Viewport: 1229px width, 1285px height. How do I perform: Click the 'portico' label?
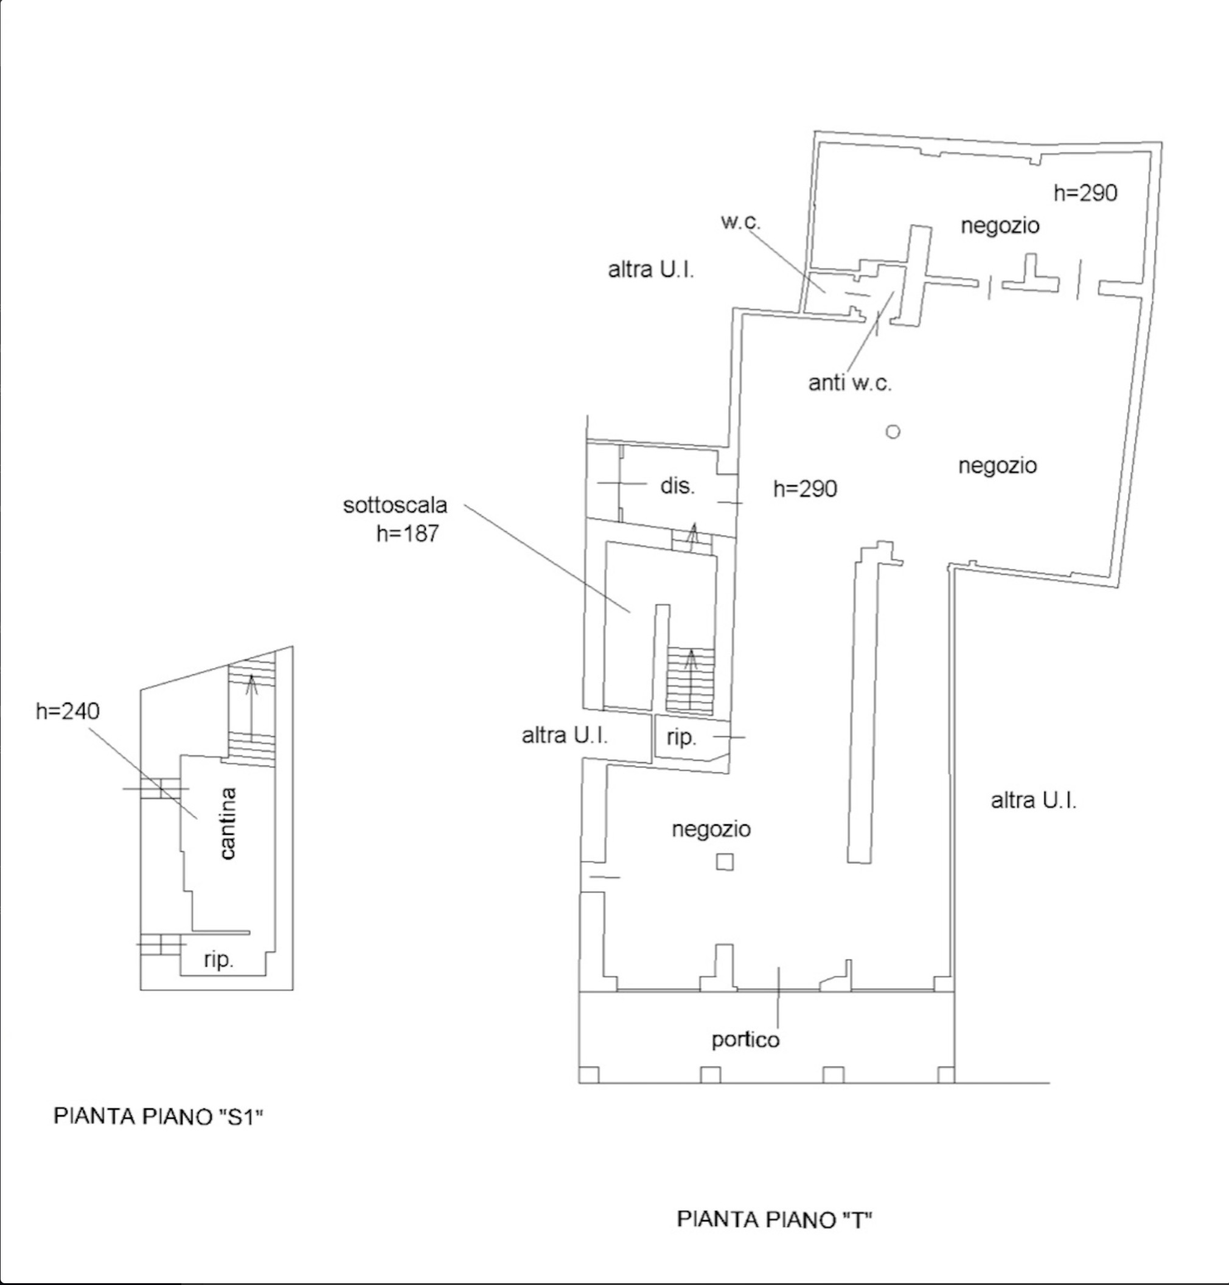(x=745, y=1040)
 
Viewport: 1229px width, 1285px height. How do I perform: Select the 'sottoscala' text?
(x=395, y=505)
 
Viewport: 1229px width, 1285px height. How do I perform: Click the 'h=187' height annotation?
(x=407, y=534)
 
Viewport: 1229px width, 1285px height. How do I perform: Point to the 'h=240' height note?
(x=68, y=711)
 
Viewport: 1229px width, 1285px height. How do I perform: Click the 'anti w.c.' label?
(x=850, y=383)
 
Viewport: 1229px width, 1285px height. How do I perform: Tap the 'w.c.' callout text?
(x=740, y=222)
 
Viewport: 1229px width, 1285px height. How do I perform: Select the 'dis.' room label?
(x=677, y=486)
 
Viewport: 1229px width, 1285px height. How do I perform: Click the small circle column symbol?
(x=893, y=432)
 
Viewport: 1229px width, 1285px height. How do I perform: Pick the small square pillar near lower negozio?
(x=725, y=862)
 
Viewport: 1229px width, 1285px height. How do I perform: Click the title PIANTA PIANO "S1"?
(x=158, y=1116)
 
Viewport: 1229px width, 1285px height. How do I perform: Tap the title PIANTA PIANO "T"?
(x=775, y=1219)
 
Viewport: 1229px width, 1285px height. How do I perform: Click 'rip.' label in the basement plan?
(x=218, y=960)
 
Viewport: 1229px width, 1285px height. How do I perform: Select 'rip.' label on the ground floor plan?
(x=681, y=737)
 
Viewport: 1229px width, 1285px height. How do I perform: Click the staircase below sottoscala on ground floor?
(x=691, y=680)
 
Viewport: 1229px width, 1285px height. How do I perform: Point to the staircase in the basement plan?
(x=251, y=712)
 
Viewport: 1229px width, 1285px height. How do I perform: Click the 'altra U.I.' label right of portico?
(x=1034, y=800)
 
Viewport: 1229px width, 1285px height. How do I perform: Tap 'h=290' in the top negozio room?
(x=1085, y=193)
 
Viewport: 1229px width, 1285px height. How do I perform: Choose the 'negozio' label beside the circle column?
(x=998, y=466)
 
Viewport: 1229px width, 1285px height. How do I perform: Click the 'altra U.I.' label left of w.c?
(x=651, y=270)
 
